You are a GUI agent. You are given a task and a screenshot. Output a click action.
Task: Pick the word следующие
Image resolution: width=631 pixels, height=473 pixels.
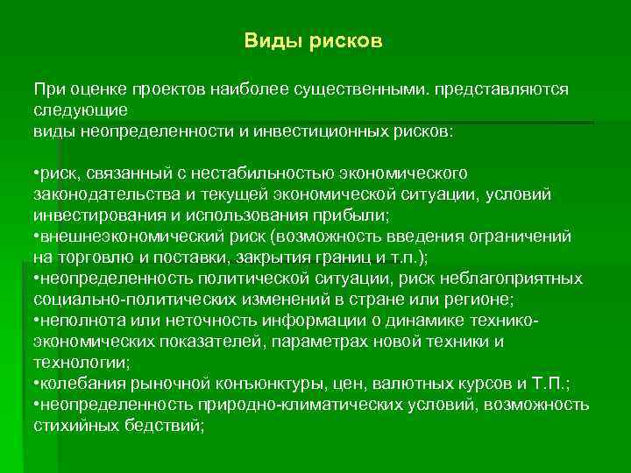click(x=81, y=109)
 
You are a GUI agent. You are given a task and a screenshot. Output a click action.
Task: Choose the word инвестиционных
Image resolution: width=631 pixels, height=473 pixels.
click(x=335, y=131)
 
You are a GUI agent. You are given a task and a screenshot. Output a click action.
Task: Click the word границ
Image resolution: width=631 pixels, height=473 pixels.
click(x=332, y=257)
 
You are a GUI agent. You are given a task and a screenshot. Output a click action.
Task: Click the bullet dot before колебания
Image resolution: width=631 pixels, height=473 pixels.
click(x=35, y=383)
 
